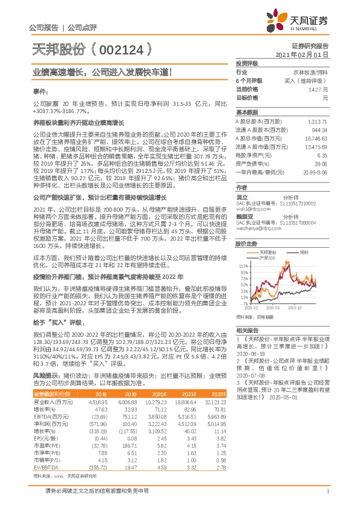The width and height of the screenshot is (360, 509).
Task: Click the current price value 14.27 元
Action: (x=317, y=89)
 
